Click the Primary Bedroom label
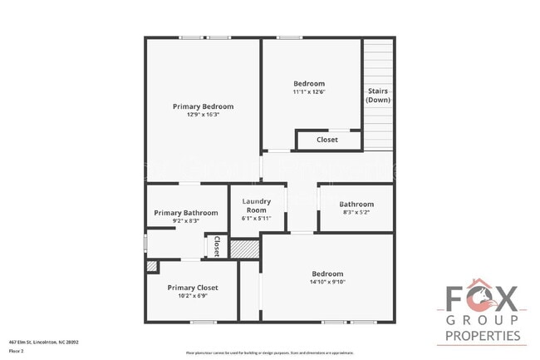click(x=203, y=106)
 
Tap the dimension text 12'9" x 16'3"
click(x=203, y=115)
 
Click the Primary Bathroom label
click(x=186, y=213)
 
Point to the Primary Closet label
click(x=193, y=288)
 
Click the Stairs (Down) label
click(x=378, y=96)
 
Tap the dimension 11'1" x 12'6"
click(x=308, y=91)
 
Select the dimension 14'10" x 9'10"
click(x=326, y=282)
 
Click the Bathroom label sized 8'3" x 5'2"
click(x=356, y=204)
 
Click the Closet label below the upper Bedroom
click(x=327, y=140)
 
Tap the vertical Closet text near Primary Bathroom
click(x=216, y=246)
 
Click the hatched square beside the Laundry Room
click(x=244, y=249)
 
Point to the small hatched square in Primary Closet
click(x=151, y=266)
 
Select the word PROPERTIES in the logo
click(x=484, y=337)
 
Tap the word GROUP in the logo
click(x=484, y=320)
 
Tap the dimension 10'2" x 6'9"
click(x=193, y=296)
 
